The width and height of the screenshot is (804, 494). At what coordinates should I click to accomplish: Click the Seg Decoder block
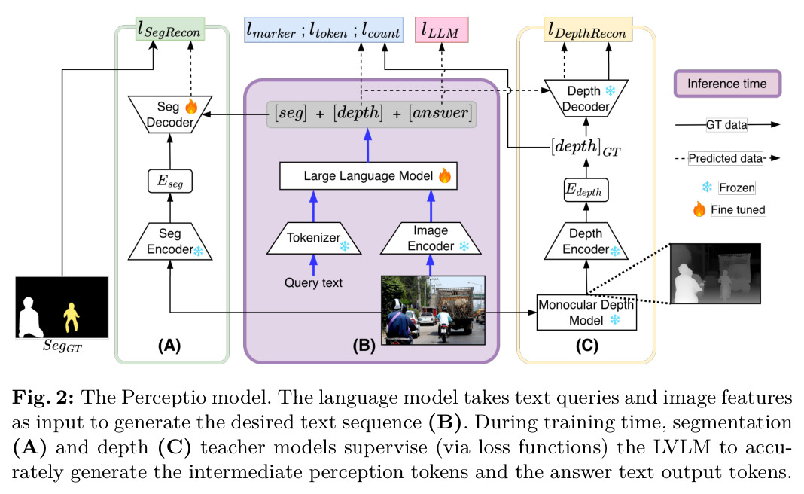pyautogui.click(x=169, y=114)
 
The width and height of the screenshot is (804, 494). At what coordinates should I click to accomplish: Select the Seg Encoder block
pyautogui.click(x=169, y=241)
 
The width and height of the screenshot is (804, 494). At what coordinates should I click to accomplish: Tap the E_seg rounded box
pyautogui.click(x=169, y=181)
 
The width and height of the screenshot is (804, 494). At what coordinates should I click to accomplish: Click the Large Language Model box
pyautogui.click(x=368, y=176)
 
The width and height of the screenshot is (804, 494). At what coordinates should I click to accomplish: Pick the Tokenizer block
pyautogui.click(x=314, y=238)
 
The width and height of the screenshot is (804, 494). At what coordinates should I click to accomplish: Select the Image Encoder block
pyautogui.click(x=431, y=238)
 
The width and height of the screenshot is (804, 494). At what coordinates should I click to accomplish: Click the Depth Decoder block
pyautogui.click(x=586, y=99)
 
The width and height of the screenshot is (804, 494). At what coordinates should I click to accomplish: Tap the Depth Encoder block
pyautogui.click(x=586, y=241)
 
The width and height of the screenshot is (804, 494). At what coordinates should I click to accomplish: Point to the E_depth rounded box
pyautogui.click(x=586, y=190)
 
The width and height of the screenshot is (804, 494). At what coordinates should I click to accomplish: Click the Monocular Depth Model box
pyautogui.click(x=586, y=313)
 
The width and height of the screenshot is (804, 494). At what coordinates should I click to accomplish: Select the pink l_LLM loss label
pyautogui.click(x=441, y=30)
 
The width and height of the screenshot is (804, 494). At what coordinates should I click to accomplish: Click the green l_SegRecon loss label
pyautogui.click(x=170, y=29)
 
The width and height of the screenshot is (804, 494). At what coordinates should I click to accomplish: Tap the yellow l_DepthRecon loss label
pyautogui.click(x=588, y=29)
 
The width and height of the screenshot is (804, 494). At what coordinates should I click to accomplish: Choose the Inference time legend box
pyautogui.click(x=727, y=84)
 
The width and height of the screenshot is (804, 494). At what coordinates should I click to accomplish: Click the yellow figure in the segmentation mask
pyautogui.click(x=72, y=317)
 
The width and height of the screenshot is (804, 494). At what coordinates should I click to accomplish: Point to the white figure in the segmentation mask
pyautogui.click(x=30, y=318)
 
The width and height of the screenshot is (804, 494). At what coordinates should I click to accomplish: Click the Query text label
pyautogui.click(x=313, y=282)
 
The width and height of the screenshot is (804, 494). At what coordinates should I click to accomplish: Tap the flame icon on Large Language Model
pyautogui.click(x=445, y=175)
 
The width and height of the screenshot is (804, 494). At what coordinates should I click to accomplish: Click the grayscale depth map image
pyautogui.click(x=715, y=274)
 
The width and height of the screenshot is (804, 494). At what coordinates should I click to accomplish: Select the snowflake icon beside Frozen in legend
pyautogui.click(x=707, y=188)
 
